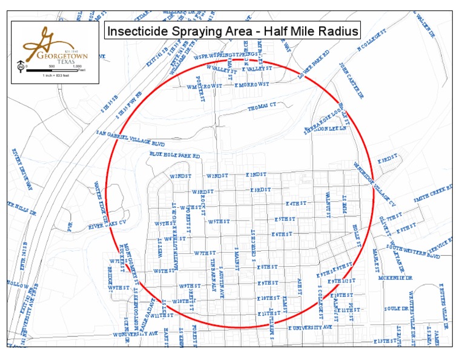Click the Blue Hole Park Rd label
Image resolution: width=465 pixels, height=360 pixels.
[174, 156]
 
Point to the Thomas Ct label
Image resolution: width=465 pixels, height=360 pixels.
[262, 107]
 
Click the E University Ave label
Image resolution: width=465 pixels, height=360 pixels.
[310, 327]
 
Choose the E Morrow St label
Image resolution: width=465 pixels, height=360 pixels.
[251, 85]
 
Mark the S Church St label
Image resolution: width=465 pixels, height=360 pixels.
[255, 251]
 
